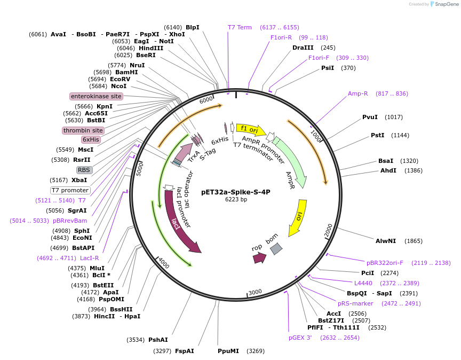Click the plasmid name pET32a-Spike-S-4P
[236, 192]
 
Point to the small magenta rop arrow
[259, 258]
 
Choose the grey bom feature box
[276, 248]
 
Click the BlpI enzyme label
[192, 27]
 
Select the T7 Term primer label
[240, 27]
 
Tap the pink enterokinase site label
[96, 96]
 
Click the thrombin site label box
[83, 130]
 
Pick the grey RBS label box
[84, 170]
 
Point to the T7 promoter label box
[70, 190]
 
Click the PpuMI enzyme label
[228, 351]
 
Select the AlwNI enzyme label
[385, 241]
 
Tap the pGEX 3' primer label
[300, 338]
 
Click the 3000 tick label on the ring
[256, 292]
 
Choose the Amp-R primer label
[358, 93]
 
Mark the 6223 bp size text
[236, 200]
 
